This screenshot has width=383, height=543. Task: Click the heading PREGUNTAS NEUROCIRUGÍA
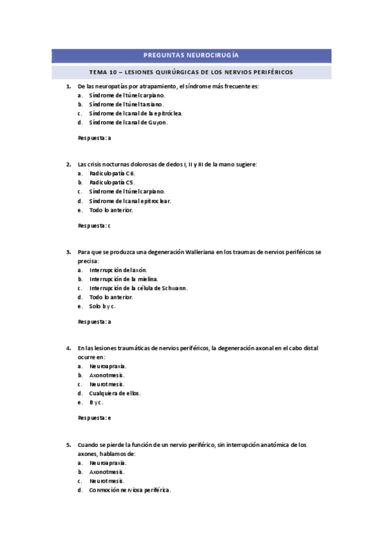coord(192,56)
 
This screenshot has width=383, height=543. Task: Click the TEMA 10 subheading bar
coord(192,72)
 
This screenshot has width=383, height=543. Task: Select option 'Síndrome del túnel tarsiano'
coord(127,104)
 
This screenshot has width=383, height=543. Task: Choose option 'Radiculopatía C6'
coord(112,173)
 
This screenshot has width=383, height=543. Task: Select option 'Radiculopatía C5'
coord(112,182)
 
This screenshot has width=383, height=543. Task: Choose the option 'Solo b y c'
coord(102,306)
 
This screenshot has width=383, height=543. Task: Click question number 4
coord(68,348)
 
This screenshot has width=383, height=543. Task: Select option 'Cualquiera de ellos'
coord(115,393)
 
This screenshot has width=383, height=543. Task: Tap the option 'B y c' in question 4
coord(97,402)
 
